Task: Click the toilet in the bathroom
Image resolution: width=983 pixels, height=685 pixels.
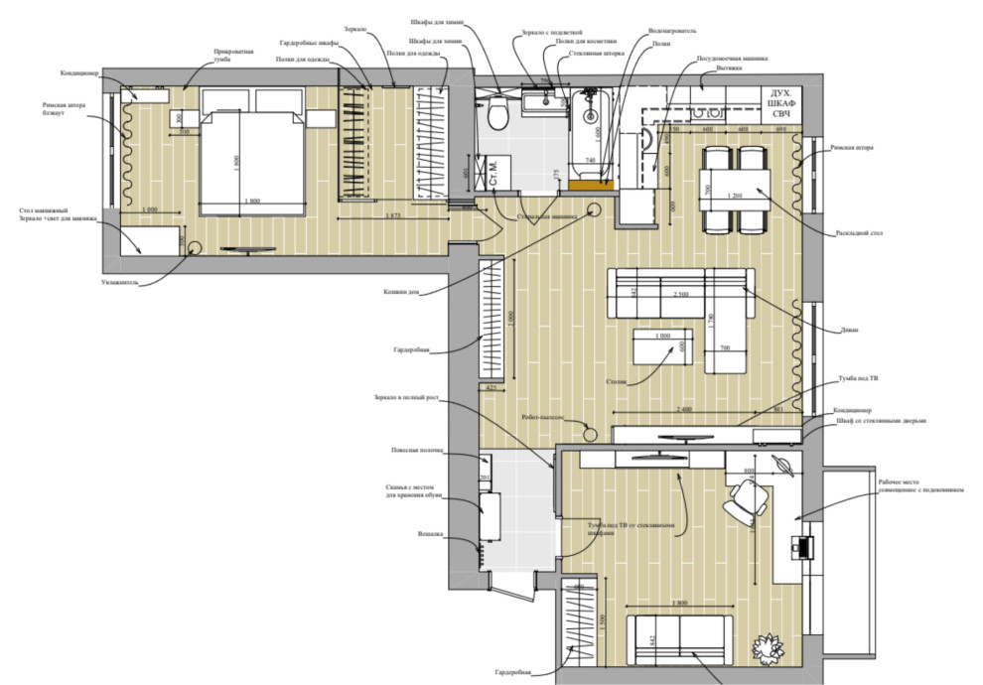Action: (x=498, y=116)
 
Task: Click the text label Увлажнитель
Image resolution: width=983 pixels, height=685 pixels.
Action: (x=126, y=282)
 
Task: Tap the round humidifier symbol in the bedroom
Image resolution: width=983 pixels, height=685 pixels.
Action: (x=191, y=247)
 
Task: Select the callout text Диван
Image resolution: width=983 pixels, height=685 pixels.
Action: (x=847, y=330)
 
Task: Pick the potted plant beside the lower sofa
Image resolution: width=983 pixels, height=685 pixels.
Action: (x=766, y=646)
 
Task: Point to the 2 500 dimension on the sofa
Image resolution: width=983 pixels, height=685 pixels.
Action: (x=680, y=295)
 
